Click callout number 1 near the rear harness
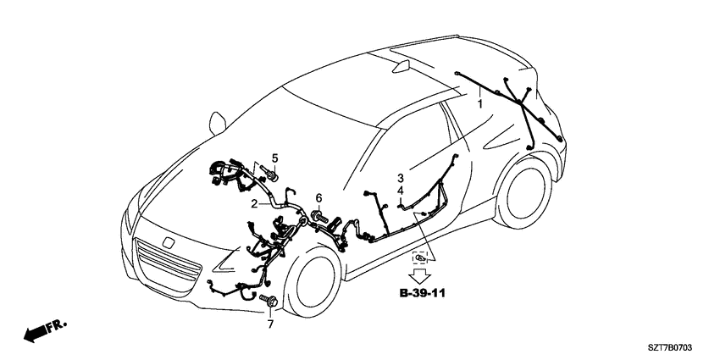click(x=480, y=104)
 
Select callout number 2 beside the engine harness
click(x=254, y=203)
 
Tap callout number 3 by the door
click(x=401, y=178)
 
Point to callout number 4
click(x=401, y=190)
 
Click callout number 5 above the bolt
click(x=274, y=158)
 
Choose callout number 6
click(x=318, y=198)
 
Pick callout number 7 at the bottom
click(x=270, y=324)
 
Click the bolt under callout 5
click(x=270, y=174)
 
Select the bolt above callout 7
click(x=269, y=300)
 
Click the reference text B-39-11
click(x=422, y=293)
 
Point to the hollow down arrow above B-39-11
click(x=419, y=276)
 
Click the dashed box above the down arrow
click(x=420, y=258)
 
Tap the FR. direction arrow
click(x=45, y=330)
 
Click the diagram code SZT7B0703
click(x=670, y=348)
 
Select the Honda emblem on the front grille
click(x=169, y=242)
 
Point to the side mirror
click(x=217, y=123)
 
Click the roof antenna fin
click(x=402, y=66)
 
